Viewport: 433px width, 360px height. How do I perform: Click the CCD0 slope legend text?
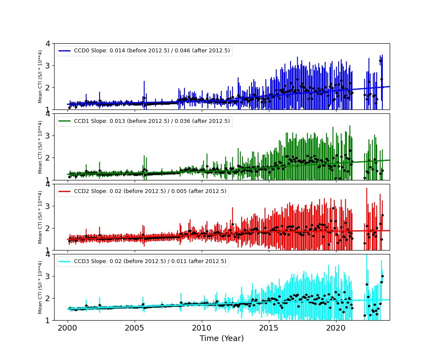pos(152,51)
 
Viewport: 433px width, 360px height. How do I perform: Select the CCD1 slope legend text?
pos(152,121)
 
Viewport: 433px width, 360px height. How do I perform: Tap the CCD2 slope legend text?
pos(150,191)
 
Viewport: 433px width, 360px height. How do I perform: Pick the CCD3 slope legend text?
pos(150,261)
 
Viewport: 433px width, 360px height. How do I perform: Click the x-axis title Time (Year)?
pos(222,338)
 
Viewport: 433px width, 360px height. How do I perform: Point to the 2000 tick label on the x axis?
pos(68,328)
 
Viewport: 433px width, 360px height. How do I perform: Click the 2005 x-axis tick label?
pos(135,328)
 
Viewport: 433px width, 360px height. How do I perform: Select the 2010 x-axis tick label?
pos(202,328)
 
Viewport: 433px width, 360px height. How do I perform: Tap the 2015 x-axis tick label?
pos(269,328)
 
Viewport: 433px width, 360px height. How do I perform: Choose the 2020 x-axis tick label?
pos(336,328)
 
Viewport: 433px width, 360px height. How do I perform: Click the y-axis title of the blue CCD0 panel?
pos(40,77)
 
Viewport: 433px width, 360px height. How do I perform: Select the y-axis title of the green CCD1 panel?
pos(40,147)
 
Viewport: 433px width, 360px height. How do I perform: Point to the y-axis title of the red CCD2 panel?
pos(40,217)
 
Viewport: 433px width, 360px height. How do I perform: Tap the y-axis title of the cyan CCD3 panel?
pos(40,287)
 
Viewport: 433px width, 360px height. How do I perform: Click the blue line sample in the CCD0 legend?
pos(65,51)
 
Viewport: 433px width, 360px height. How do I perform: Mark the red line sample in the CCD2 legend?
pos(65,191)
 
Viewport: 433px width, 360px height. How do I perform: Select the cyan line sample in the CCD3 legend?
pos(65,261)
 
